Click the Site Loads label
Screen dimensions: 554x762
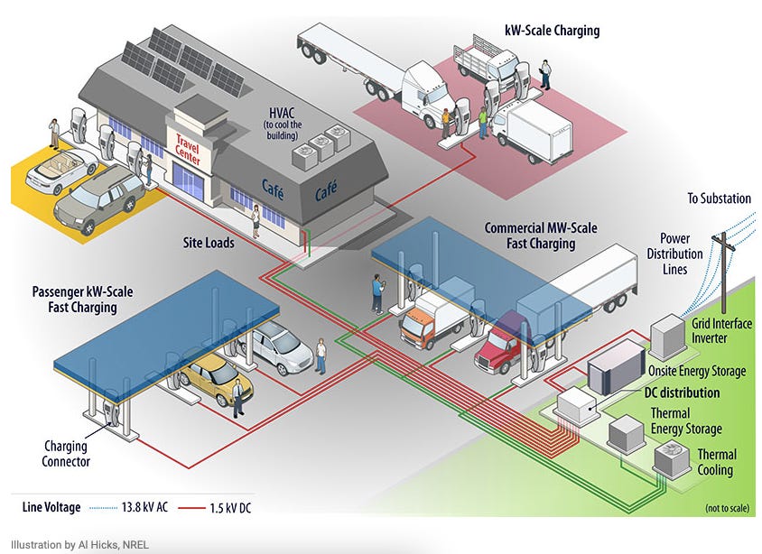209,243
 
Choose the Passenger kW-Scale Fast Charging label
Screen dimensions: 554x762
74,300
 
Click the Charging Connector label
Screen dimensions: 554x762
66,454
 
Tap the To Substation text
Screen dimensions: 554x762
718,199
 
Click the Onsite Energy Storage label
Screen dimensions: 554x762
697,371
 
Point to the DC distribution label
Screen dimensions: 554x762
682,392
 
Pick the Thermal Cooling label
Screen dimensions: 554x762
716,462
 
